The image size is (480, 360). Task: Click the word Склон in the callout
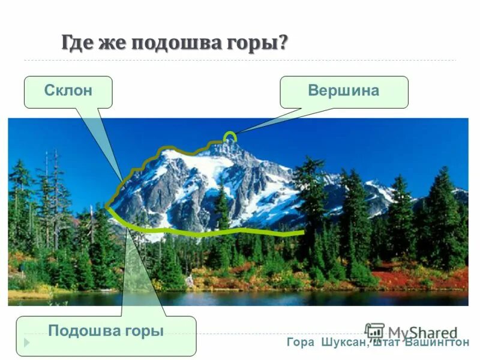coord(68,91)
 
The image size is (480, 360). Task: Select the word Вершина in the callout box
coord(343,91)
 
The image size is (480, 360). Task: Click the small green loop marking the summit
coord(230,137)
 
